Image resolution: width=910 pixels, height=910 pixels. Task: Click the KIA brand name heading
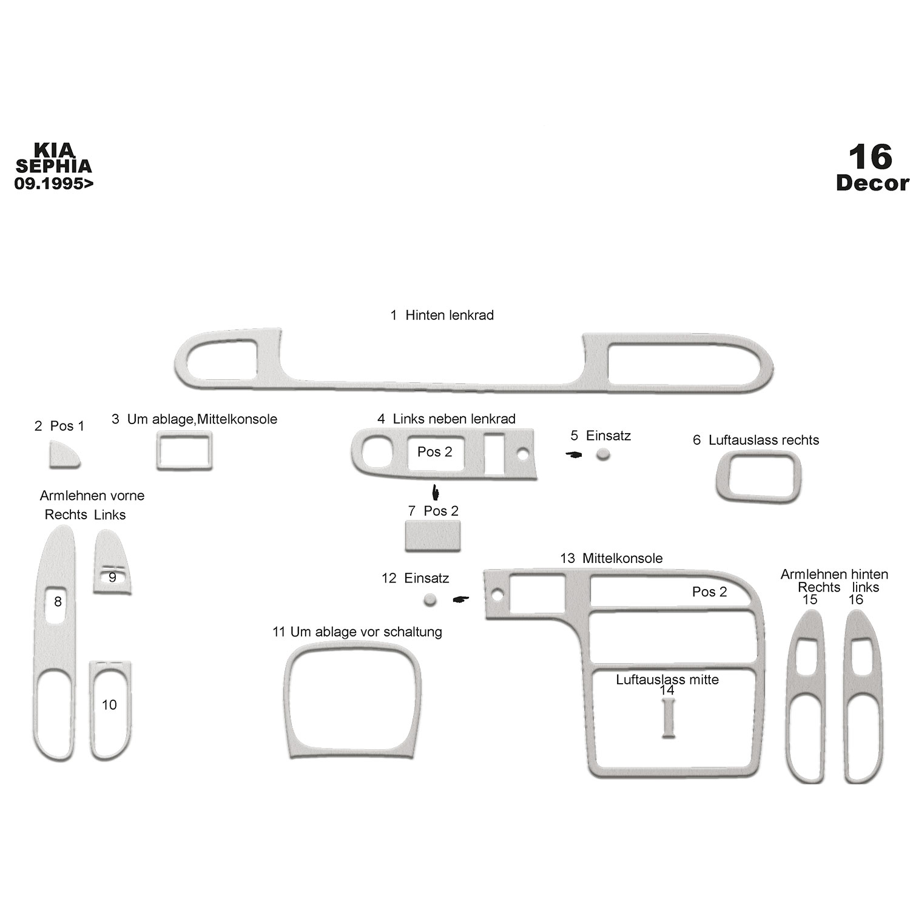(53, 150)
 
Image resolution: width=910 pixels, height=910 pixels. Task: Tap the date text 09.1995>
(54, 183)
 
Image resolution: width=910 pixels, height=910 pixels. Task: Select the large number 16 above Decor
(871, 157)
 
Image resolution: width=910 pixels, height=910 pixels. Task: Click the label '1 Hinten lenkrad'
(442, 315)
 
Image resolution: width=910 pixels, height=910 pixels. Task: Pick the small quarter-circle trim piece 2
(63, 456)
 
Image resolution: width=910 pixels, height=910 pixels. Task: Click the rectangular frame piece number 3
(184, 450)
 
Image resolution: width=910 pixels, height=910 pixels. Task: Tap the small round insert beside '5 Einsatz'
(602, 454)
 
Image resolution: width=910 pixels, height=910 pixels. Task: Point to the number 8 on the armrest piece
(58, 602)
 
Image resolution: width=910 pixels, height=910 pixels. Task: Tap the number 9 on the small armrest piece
(112, 577)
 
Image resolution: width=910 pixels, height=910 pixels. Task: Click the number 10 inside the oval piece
(109, 704)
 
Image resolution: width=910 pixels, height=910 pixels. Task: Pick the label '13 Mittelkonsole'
(611, 558)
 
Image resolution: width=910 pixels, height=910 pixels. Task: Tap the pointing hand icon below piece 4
(435, 491)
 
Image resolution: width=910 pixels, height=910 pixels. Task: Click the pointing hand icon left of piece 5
(573, 454)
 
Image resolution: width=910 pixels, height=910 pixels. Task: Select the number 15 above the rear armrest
(810, 600)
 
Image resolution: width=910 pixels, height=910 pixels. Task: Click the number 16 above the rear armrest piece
(855, 600)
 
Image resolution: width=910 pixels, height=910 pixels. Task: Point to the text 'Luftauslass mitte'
(667, 679)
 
